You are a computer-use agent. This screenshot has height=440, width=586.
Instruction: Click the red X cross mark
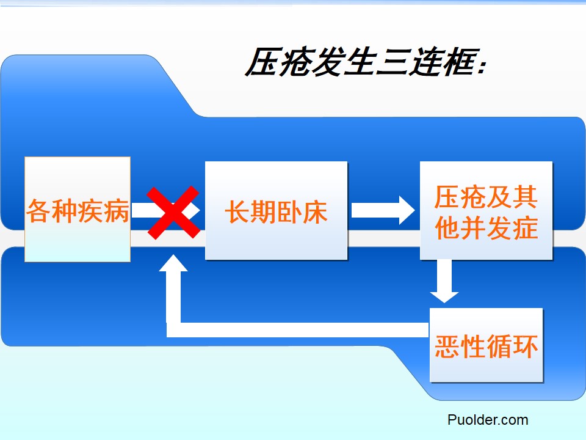[174, 212]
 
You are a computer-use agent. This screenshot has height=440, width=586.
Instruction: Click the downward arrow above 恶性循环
[444, 280]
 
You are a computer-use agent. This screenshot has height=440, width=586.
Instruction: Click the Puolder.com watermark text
[487, 420]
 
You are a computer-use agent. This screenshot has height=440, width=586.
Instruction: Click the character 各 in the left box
[38, 211]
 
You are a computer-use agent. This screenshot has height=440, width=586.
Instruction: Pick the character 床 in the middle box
[315, 212]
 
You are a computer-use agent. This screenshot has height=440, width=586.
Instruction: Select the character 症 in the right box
[525, 228]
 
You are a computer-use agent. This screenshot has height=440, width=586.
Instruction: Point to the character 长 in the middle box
[237, 212]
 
